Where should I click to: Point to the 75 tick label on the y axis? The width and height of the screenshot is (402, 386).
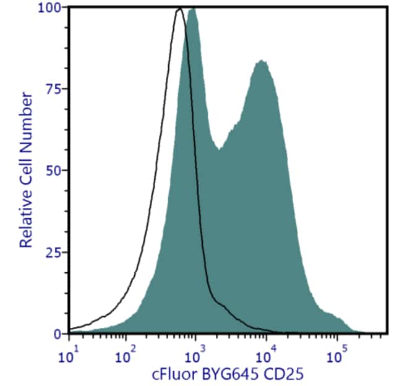(x=55, y=89)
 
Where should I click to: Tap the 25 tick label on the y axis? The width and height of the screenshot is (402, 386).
(x=55, y=252)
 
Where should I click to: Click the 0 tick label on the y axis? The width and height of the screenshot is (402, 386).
(x=58, y=334)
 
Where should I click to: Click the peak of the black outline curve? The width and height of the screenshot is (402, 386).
(x=179, y=9)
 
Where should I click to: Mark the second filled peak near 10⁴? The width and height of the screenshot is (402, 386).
(x=262, y=61)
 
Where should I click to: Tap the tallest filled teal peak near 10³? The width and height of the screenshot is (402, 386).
(x=192, y=9)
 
